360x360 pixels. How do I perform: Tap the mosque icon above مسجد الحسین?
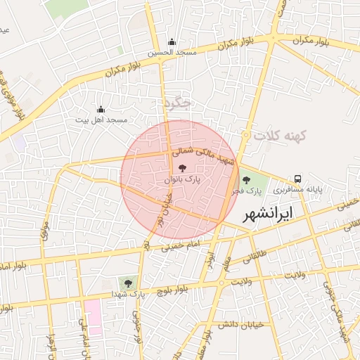click(x=172, y=41)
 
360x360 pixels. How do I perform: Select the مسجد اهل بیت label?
click(x=102, y=120)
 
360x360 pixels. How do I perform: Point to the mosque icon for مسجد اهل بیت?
click(x=101, y=110)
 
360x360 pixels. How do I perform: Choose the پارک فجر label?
click(x=248, y=191)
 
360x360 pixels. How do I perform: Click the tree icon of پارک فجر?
click(x=245, y=180)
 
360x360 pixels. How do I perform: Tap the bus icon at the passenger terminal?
click(x=298, y=179)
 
